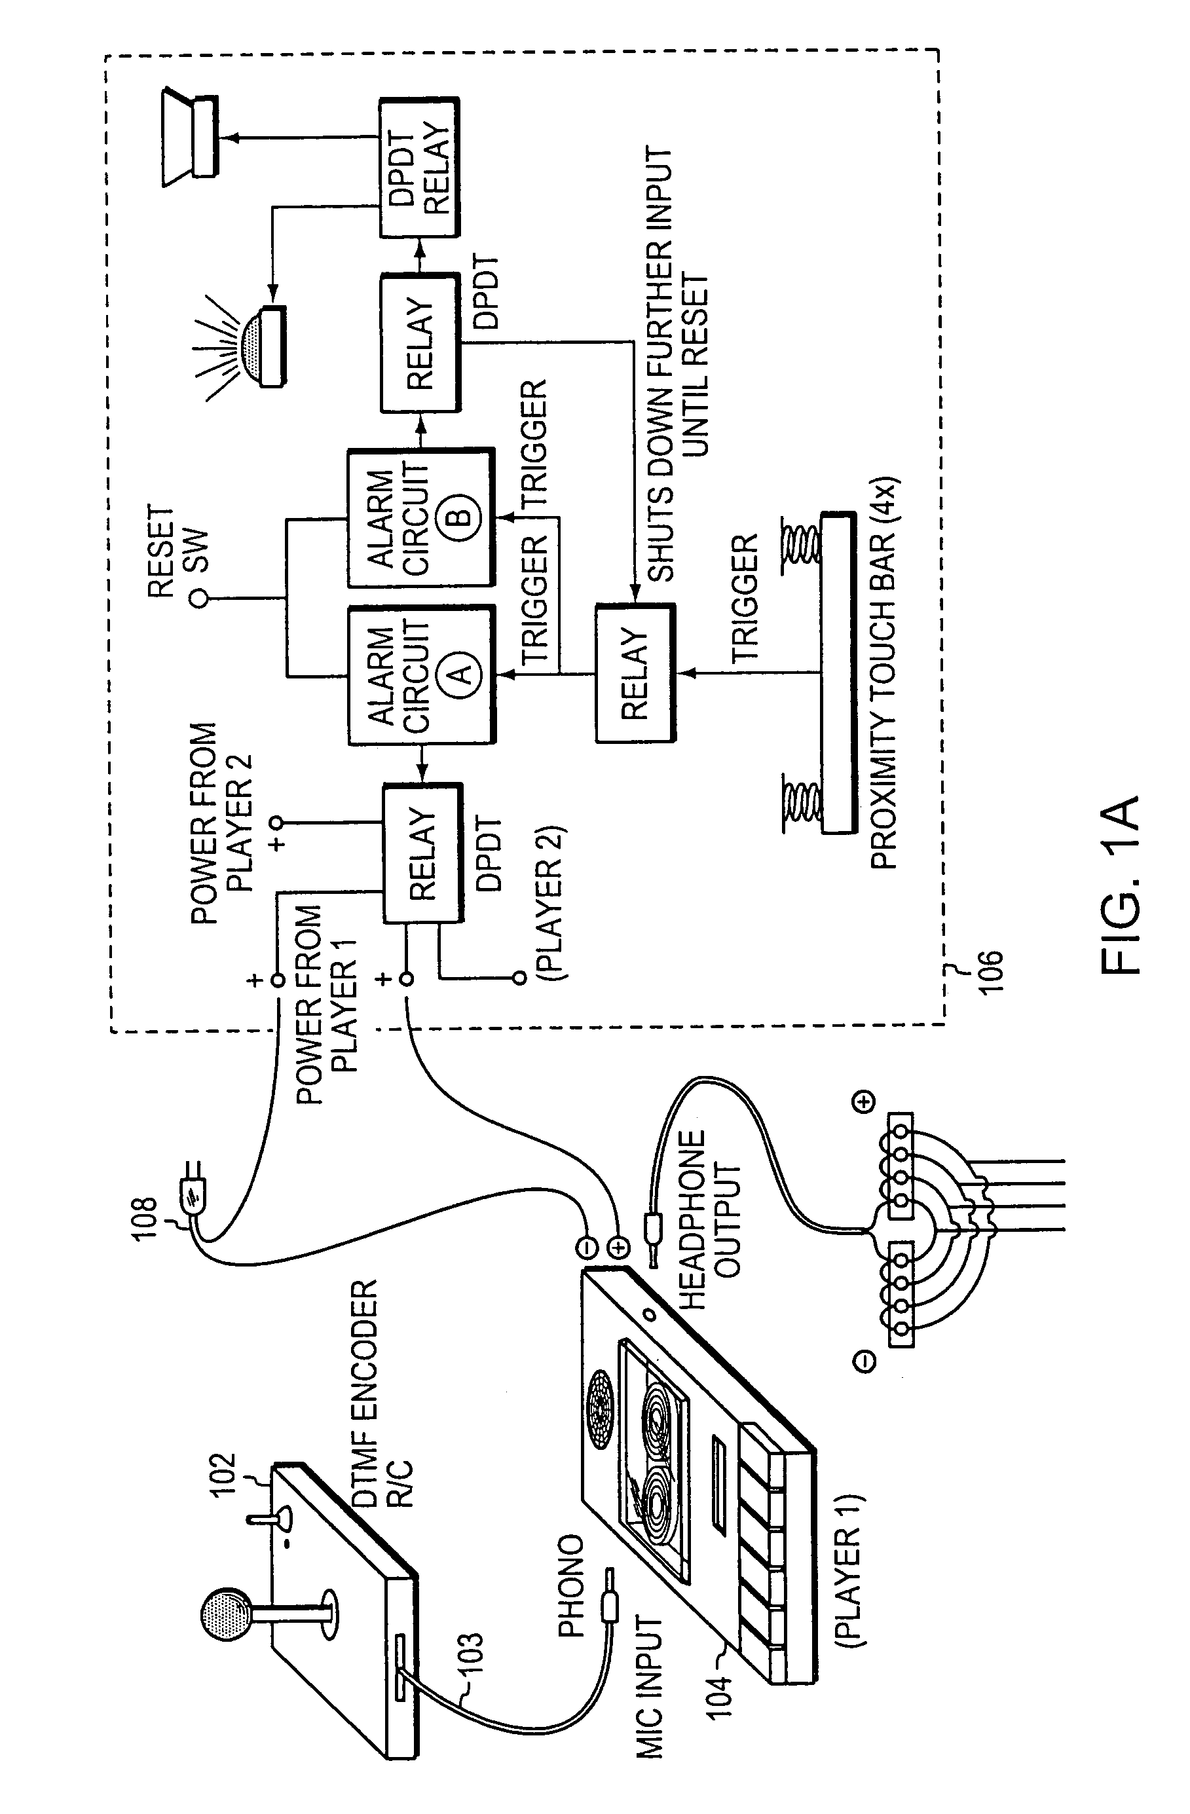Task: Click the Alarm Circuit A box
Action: click(422, 674)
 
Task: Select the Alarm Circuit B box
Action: click(422, 517)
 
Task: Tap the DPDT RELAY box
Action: click(419, 167)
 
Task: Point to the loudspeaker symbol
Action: click(191, 137)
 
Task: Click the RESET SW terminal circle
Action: click(199, 599)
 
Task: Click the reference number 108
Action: click(145, 1219)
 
